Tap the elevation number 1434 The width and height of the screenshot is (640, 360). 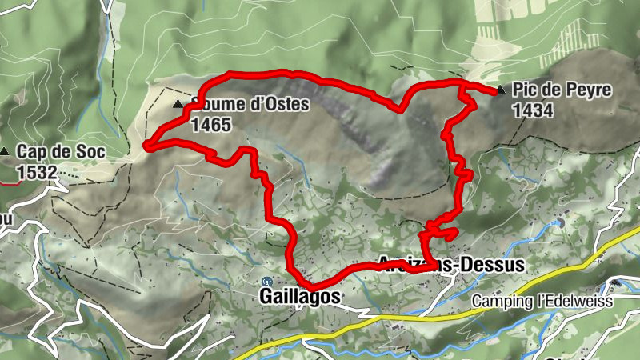tap(533, 111)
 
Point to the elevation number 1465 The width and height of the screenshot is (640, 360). tap(211, 125)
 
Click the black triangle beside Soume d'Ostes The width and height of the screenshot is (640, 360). tap(178, 105)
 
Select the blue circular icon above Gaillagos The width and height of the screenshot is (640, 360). tap(266, 281)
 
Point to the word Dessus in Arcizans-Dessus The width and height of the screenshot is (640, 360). tap(490, 265)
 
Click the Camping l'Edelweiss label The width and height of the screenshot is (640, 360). tap(541, 301)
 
